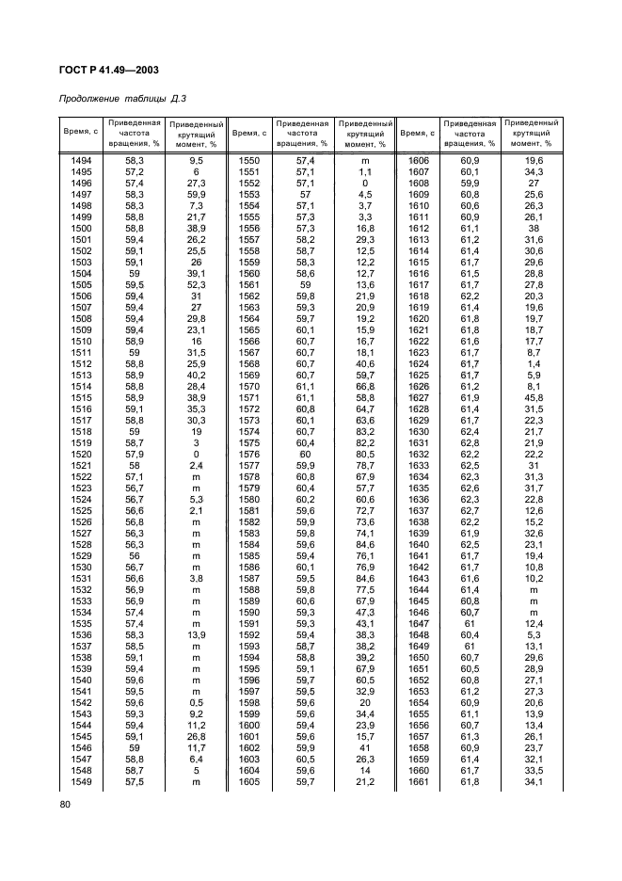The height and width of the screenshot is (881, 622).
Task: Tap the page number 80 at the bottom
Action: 65,804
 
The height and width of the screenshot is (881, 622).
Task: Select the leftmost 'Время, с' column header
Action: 81,134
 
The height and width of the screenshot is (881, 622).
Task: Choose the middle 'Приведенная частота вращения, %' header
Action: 301,134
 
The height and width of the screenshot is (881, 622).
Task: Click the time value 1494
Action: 81,162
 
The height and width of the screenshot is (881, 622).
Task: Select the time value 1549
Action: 81,781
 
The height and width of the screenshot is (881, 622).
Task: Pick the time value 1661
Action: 418,781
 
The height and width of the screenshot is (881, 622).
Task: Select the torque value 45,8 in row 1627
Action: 534,398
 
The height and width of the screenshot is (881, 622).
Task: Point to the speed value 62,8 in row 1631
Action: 470,443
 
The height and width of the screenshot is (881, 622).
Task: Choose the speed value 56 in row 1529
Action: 134,556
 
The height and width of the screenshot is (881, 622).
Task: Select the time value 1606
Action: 418,162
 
